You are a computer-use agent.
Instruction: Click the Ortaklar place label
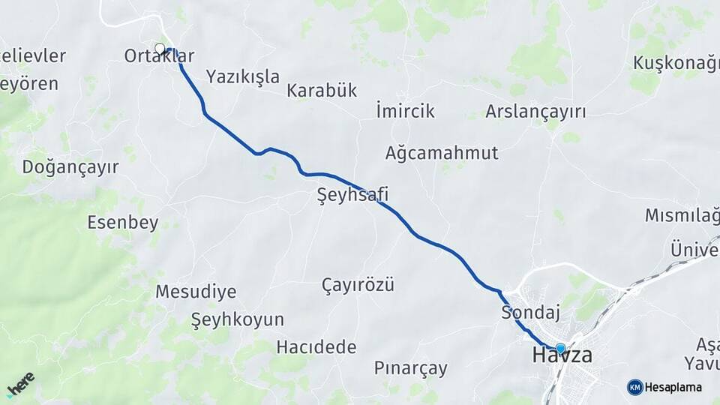point(160,55)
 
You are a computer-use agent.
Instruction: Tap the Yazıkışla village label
point(243,76)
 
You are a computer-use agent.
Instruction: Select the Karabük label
point(322,91)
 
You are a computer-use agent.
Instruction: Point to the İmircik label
point(405,111)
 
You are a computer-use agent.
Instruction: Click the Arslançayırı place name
point(535,112)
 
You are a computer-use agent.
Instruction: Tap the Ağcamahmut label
point(442,153)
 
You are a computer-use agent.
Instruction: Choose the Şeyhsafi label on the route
point(352,196)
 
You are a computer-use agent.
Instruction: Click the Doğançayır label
point(70,166)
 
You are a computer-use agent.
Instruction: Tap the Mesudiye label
point(196,292)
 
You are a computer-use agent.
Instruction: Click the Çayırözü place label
point(358,285)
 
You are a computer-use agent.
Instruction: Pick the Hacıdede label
point(316,347)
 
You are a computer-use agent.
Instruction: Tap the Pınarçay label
point(411,368)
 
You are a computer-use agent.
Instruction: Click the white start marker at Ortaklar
point(160,49)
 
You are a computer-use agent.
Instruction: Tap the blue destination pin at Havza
point(560,348)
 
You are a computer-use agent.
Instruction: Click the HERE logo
point(20,383)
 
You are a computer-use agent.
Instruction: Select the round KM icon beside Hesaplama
point(635,387)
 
